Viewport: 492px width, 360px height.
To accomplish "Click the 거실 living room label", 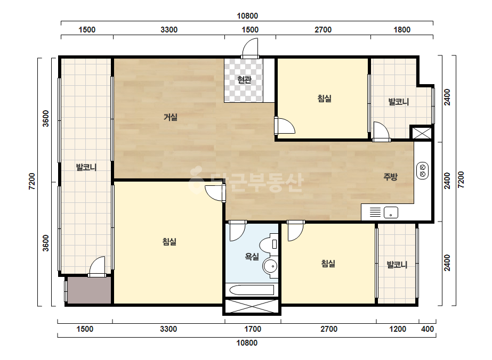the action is coord(171,117).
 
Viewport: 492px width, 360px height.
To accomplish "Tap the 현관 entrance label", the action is coord(244,80).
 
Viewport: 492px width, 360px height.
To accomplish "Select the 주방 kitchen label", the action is coord(390,177).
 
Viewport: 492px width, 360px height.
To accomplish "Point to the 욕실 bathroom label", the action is coord(252,257).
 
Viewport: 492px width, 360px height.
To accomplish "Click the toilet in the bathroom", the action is coord(269,244).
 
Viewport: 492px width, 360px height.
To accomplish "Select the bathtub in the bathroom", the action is coord(252,290).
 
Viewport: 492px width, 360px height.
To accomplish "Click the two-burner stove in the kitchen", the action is coord(422,170).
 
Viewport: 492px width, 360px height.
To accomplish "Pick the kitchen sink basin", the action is coord(391,212).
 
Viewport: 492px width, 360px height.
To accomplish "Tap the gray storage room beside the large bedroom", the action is coord(90,290).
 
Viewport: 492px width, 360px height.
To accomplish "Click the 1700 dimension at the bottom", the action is coord(253,329).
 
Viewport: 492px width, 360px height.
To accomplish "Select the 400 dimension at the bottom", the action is coord(428,329).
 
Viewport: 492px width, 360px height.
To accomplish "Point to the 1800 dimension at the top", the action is coord(402,30).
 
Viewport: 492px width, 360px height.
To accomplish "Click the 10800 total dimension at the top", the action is coord(247,16).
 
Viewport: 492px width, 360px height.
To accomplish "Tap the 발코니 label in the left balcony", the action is coord(86,167).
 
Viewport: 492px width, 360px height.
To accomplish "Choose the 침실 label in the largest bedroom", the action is coord(169,241).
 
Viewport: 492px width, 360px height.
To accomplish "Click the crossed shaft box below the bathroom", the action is coord(252,306).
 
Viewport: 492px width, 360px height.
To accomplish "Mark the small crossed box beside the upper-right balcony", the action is coord(422,133).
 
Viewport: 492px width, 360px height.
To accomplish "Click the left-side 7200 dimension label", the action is coord(32,181).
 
